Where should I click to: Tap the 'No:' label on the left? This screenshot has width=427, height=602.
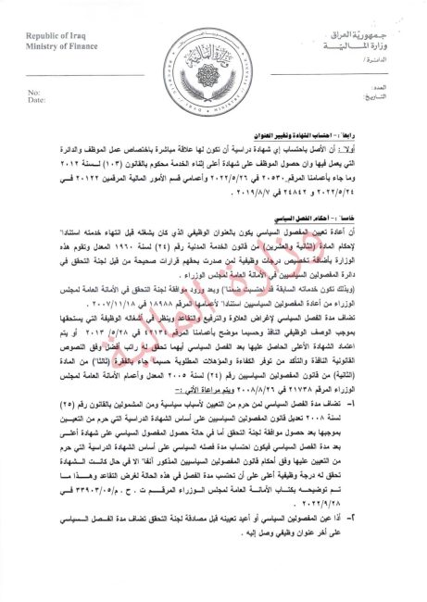pyautogui.click(x=33, y=93)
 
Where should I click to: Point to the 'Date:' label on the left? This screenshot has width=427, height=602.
pyautogui.click(x=36, y=100)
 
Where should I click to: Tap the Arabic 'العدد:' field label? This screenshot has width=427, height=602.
pyautogui.click(x=385, y=93)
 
